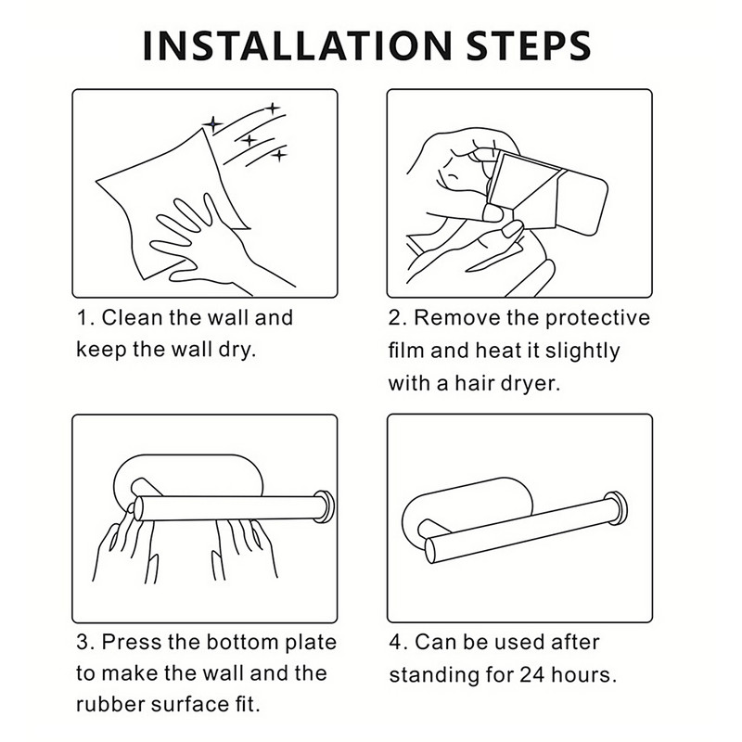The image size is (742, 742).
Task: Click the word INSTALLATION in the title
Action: coord(297,45)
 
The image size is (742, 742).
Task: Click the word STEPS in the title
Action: coord(529,45)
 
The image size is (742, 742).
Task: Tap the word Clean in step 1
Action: coord(132,317)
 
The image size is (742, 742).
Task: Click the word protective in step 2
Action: coord(597,318)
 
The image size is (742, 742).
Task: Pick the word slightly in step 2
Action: coord(582,352)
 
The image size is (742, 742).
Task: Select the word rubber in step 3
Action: coord(110,704)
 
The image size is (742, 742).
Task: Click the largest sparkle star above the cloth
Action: coord(213,124)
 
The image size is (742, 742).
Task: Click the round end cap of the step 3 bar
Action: coord(326,506)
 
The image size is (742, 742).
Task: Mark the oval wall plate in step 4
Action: coord(467,510)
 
